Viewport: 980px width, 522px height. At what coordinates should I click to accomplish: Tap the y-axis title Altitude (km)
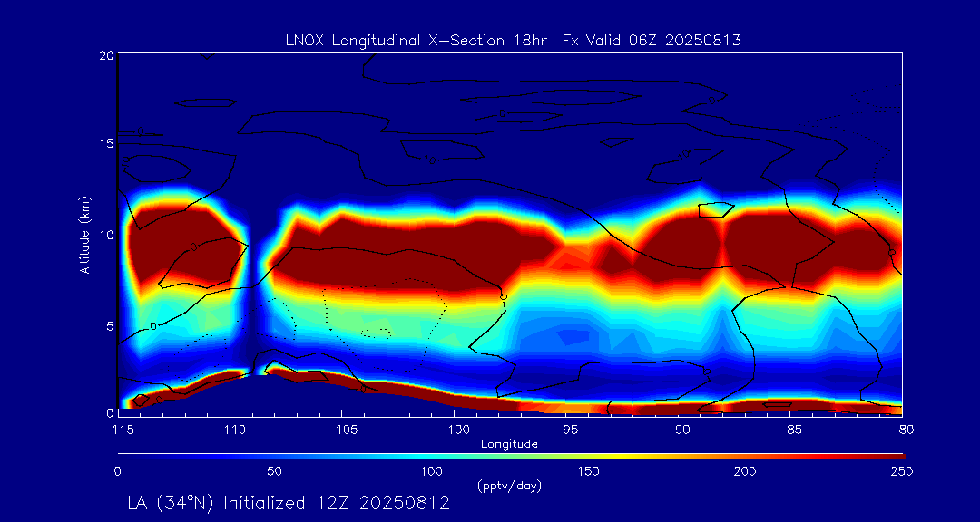pyautogui.click(x=85, y=234)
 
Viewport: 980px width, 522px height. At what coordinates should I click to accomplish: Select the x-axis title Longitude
pyautogui.click(x=509, y=444)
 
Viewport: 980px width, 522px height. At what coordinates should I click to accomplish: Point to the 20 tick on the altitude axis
pyautogui.click(x=105, y=55)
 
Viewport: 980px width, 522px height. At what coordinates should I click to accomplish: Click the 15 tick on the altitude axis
pyautogui.click(x=105, y=144)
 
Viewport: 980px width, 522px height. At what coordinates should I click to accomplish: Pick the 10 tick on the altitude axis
pyautogui.click(x=105, y=235)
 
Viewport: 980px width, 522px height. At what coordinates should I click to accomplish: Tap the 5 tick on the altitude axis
pyautogui.click(x=109, y=324)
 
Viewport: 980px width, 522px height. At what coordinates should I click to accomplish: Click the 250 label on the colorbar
pyautogui.click(x=901, y=471)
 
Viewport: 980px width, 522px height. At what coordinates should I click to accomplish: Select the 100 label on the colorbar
pyautogui.click(x=432, y=471)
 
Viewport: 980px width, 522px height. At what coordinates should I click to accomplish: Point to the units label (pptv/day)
pyautogui.click(x=509, y=487)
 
